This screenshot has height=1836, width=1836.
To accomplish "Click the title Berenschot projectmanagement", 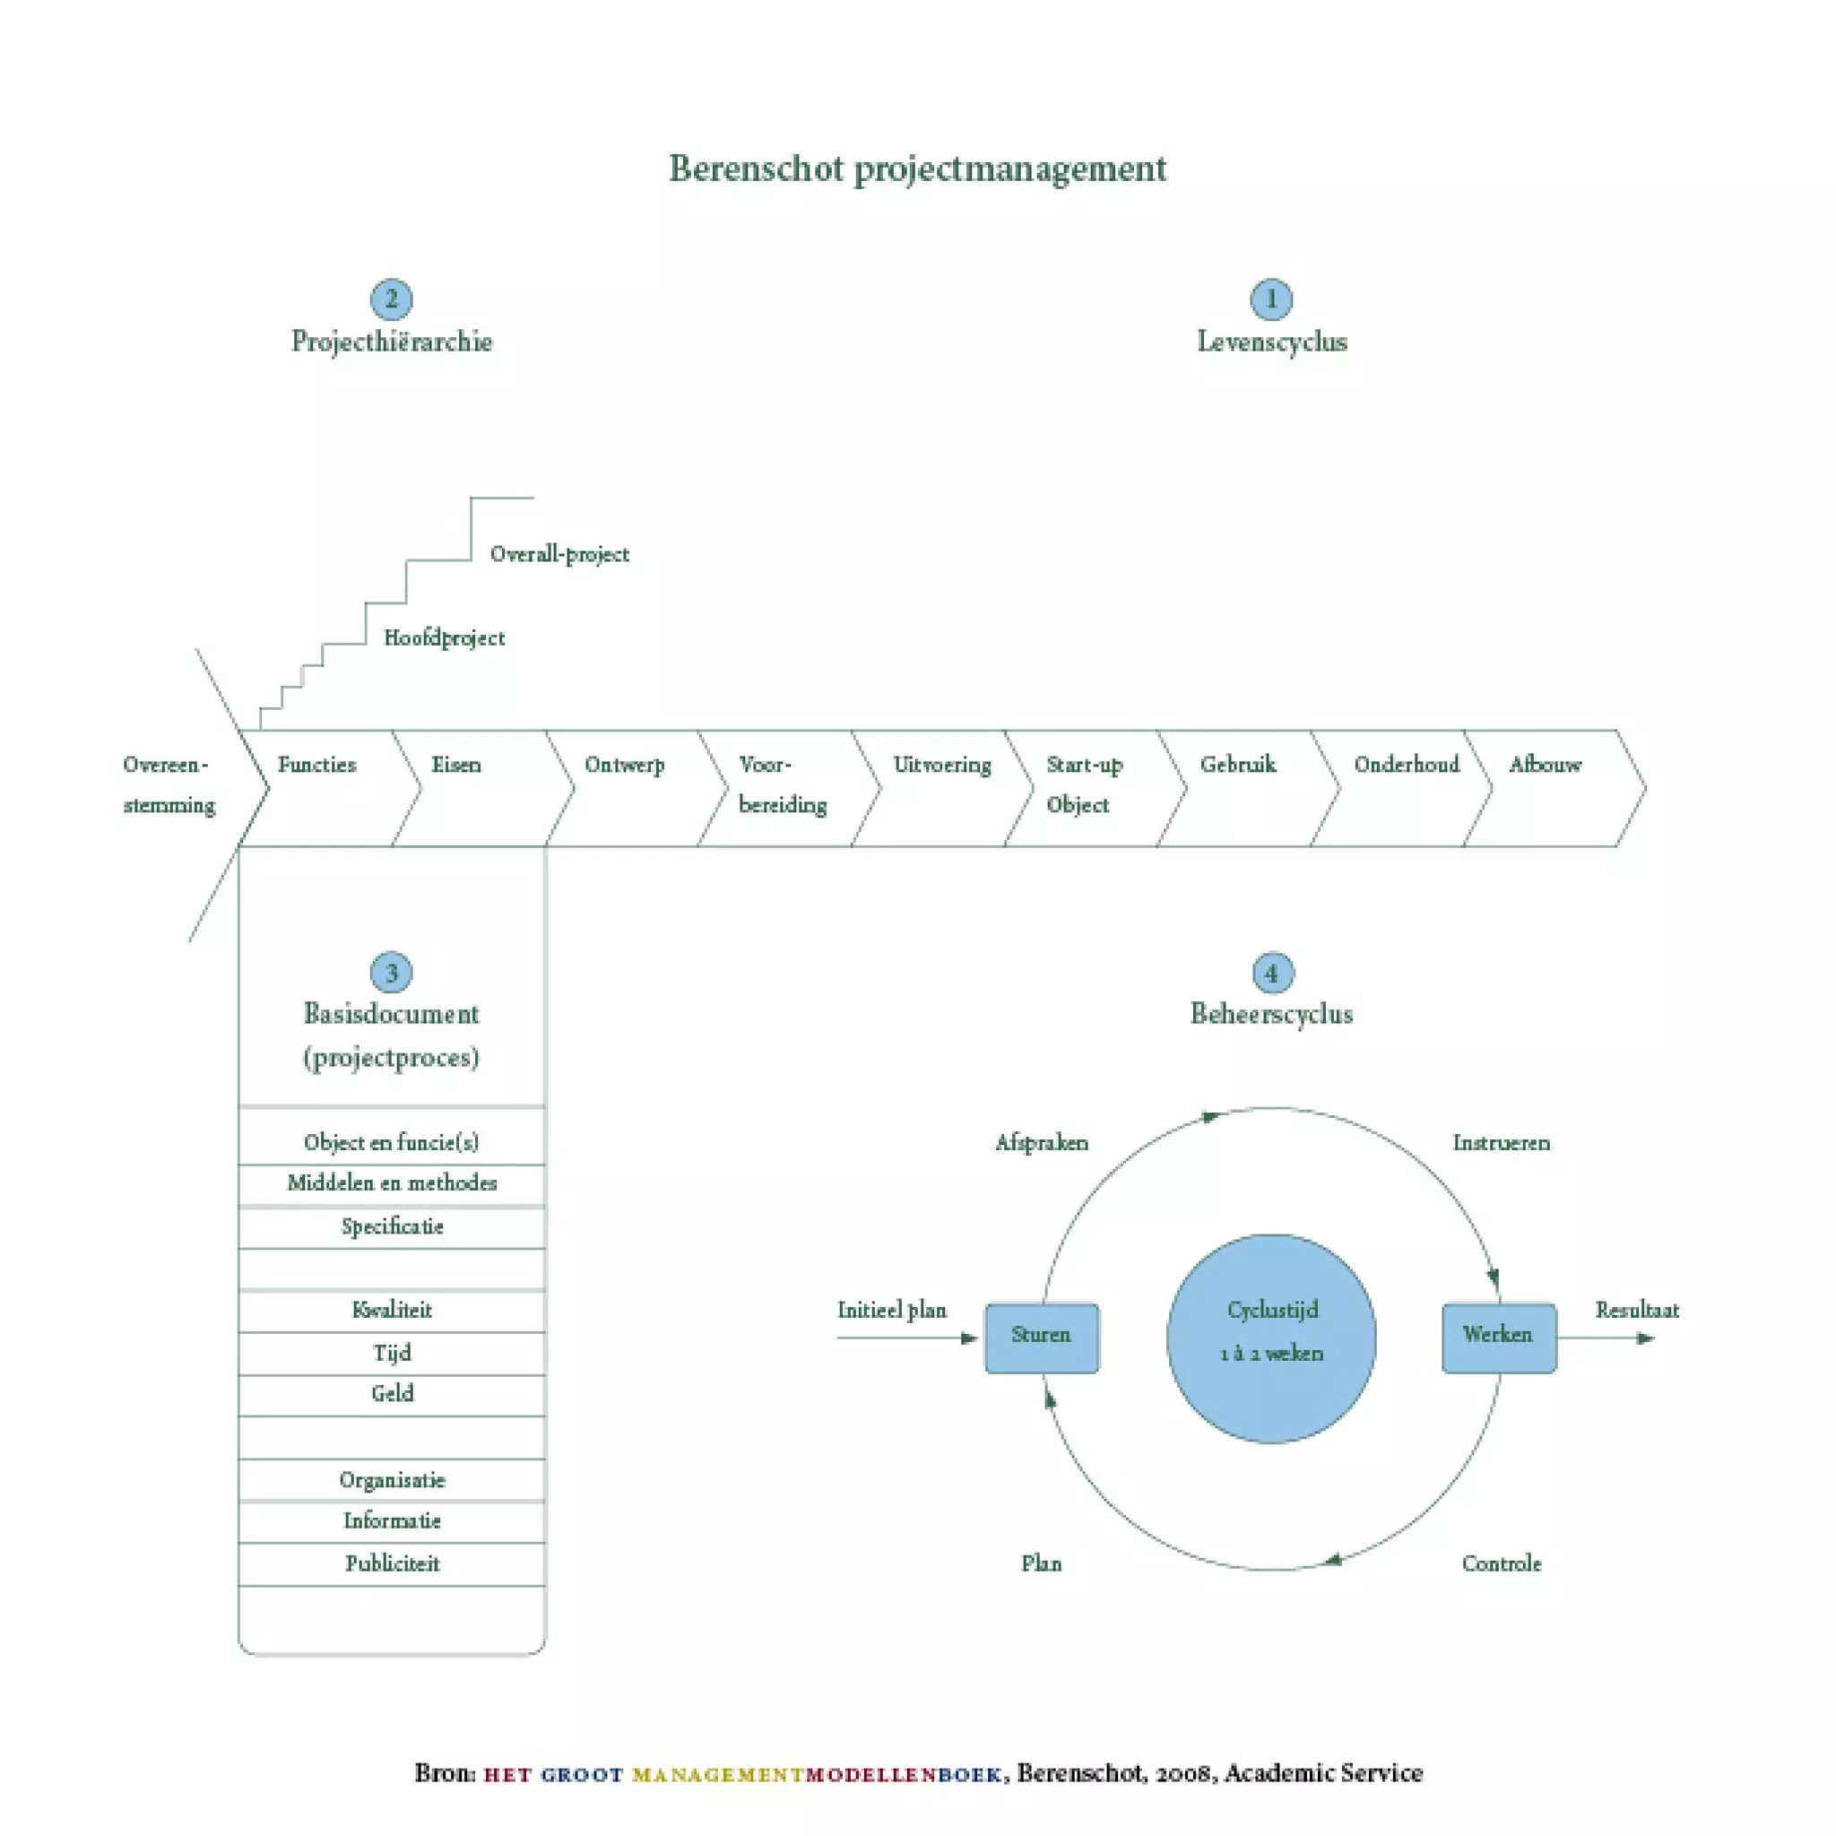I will (x=917, y=169).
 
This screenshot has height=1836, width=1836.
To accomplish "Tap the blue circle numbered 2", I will (x=391, y=299).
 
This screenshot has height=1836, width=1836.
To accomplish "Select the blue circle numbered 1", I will (x=1270, y=299).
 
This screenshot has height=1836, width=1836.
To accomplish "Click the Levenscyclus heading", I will (x=1271, y=342).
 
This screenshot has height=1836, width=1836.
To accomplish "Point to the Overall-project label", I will (x=559, y=555).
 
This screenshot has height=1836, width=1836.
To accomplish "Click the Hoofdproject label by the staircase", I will (x=444, y=637).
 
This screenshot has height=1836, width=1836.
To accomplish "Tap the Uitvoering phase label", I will (x=942, y=766).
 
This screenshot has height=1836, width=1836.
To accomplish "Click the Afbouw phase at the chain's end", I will (x=1546, y=766).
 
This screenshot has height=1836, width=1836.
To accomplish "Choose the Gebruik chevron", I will (x=1238, y=766).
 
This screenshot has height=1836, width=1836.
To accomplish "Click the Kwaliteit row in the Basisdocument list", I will (x=392, y=1311).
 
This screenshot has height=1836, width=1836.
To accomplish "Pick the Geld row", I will (x=392, y=1394).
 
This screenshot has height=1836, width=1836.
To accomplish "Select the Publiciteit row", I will (x=392, y=1564).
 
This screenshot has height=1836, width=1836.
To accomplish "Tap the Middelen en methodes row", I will (x=392, y=1184).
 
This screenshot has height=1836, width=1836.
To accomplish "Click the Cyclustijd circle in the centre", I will (x=1271, y=1338).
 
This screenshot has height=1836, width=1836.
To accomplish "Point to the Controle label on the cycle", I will (x=1502, y=1564).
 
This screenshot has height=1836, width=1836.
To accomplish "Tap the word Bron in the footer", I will (x=444, y=1773).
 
